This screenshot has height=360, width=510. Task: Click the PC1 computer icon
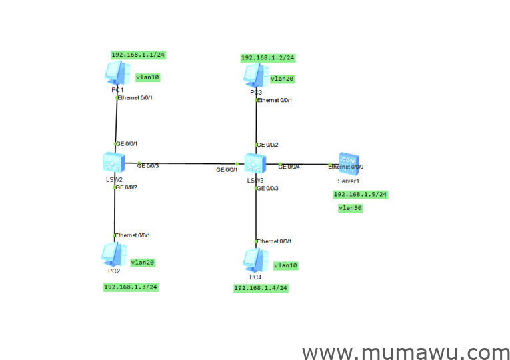116,73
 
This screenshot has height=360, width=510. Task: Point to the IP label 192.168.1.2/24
267,58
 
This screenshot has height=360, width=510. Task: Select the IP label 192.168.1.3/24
131,287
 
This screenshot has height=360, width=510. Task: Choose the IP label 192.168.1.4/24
261,288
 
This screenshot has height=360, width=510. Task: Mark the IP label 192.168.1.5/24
360,195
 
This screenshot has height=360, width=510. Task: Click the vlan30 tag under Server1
350,208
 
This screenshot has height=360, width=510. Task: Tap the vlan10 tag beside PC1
147,77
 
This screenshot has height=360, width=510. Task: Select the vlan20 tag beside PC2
142,263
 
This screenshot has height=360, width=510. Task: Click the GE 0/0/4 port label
289,166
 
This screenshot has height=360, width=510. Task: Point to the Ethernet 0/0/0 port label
346,167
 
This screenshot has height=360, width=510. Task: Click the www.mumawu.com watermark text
405,352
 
